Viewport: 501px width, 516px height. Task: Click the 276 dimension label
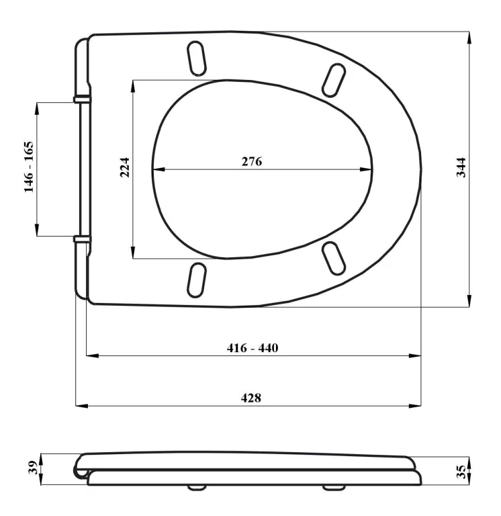coord(252,161)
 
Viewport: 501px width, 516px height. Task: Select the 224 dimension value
coord(125,168)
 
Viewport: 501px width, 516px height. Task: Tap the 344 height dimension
coord(461,168)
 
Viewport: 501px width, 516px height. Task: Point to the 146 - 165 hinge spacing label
coord(29,167)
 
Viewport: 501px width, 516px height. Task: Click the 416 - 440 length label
coord(253,348)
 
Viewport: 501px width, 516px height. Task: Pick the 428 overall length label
coord(251,398)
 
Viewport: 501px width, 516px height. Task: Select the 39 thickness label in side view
coord(33,468)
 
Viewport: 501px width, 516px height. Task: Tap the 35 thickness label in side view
coord(461,472)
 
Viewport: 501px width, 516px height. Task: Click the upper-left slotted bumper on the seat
coord(196,58)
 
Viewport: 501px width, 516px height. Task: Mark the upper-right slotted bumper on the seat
coord(334,81)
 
